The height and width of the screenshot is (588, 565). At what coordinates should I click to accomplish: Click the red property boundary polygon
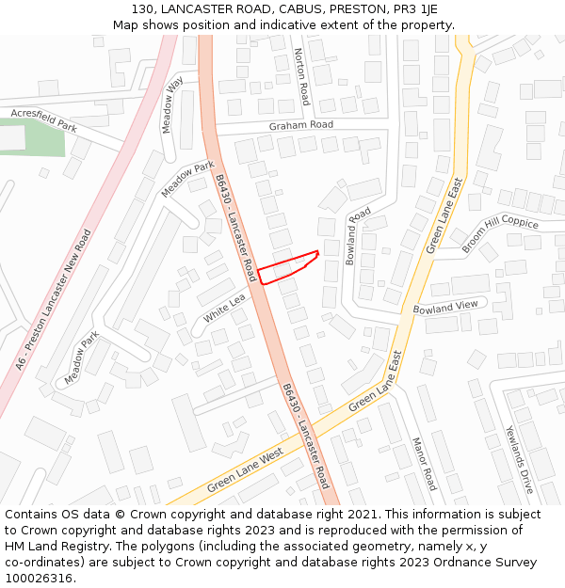click(x=287, y=266)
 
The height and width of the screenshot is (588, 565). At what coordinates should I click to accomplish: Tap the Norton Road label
click(x=302, y=76)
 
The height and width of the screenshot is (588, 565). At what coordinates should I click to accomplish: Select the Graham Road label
click(x=300, y=125)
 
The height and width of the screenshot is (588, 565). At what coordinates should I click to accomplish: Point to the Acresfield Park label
click(x=43, y=119)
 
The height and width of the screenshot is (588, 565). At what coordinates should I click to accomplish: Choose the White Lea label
click(x=224, y=307)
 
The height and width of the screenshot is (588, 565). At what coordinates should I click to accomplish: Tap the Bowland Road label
click(x=358, y=236)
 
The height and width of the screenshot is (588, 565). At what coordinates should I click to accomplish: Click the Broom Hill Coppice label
click(x=499, y=233)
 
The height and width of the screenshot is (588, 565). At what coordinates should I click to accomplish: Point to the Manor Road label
click(x=424, y=464)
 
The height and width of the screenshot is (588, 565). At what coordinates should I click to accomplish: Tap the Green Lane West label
click(x=245, y=470)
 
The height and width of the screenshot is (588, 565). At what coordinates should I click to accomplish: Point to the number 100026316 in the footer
click(x=39, y=579)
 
